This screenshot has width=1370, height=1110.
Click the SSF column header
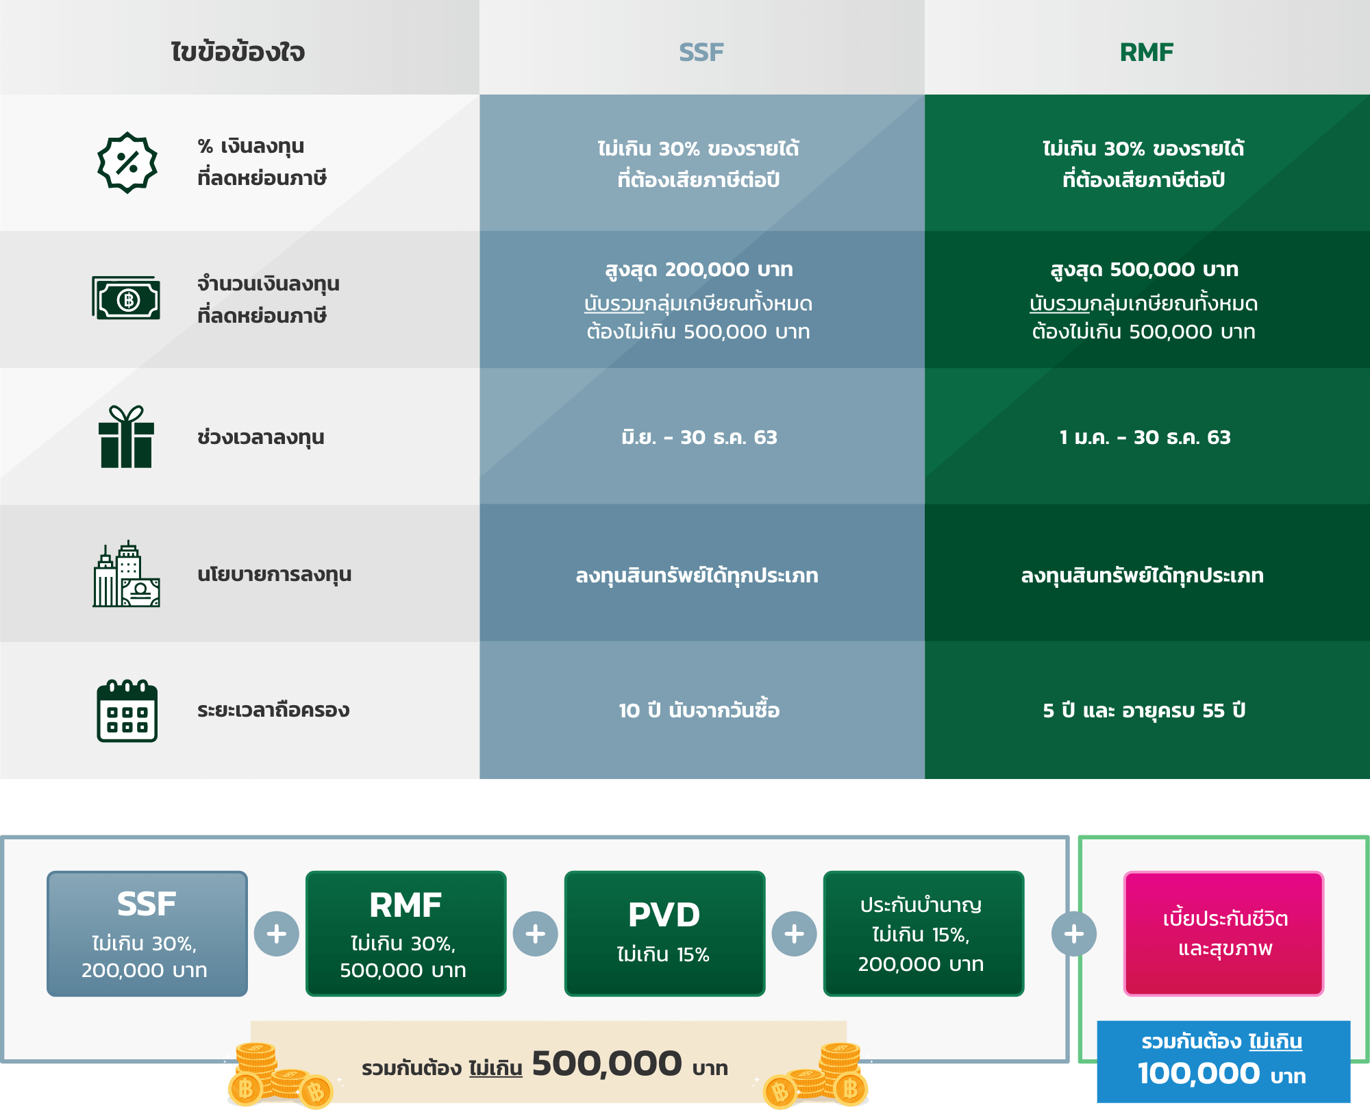pos(701,52)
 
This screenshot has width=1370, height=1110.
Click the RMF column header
pos(1147,52)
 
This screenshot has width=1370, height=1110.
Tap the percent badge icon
pos(127,162)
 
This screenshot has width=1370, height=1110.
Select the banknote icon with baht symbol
pos(127,299)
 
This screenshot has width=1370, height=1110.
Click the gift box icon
pos(127,436)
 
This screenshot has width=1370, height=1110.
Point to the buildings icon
pos(127,573)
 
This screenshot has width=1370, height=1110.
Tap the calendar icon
pos(127,711)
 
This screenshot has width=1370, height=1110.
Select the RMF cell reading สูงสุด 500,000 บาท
pos(1144,270)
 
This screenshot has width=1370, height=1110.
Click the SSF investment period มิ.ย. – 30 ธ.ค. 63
pos(699,437)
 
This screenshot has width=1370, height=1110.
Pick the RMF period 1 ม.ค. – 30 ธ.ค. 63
pos(1145,437)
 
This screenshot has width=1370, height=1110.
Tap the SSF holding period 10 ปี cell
pos(699,710)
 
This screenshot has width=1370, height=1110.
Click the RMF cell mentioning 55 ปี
pos(1144,710)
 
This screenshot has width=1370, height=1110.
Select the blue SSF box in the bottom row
pos(147,933)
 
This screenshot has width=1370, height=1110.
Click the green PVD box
pos(664,933)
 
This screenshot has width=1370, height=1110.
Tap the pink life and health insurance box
pos(1224,933)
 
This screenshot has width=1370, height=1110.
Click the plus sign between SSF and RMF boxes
pos(277,933)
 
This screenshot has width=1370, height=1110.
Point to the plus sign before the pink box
pos(1074,933)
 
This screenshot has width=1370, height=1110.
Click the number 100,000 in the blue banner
pos(1199,1074)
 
